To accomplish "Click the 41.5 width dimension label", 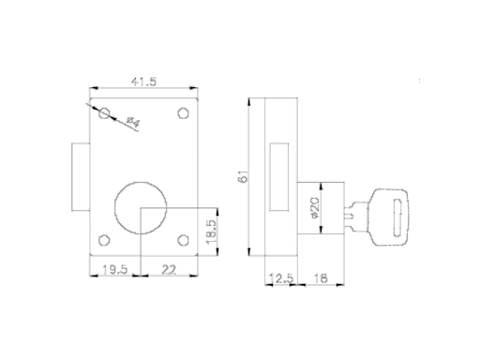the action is click(143, 82).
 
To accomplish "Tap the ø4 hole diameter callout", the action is click(133, 122).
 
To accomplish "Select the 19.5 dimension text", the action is click(115, 269).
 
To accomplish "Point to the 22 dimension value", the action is click(169, 269).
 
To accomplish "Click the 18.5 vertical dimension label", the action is click(212, 232).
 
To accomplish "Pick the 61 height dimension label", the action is click(243, 176).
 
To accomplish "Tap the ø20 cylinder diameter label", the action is click(314, 208).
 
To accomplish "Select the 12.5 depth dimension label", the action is click(281, 278).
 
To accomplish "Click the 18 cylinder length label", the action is click(321, 278).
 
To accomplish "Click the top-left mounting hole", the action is click(104, 113).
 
